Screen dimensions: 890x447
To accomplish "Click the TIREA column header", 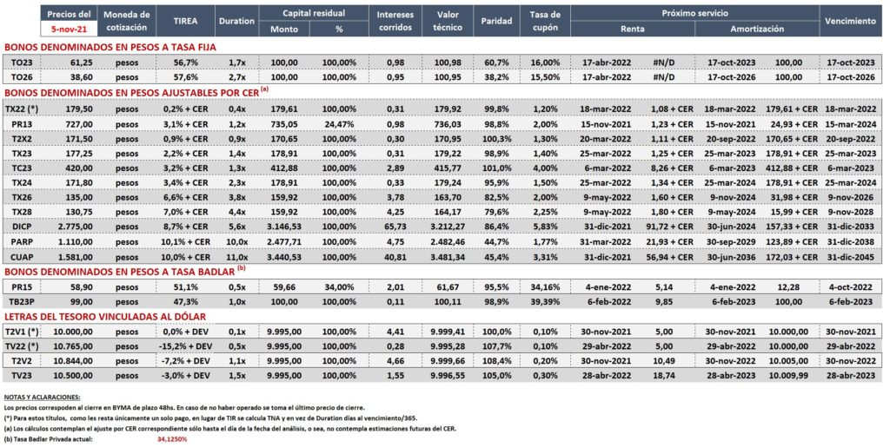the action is pos(185,21).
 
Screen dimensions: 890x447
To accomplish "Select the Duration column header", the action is pos(236,21).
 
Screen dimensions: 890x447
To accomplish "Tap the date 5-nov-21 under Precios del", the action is pos(69,28).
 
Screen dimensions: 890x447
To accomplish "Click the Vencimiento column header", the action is pos(850,21).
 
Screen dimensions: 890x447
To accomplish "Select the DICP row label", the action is pos(21,227).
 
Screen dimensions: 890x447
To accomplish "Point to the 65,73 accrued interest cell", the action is pos(395,227).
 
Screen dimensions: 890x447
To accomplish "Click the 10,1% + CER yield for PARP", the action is pos(185,242).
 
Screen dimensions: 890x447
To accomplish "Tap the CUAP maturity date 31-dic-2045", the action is pos(851,257).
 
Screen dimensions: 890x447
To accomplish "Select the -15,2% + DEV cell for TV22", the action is pos(185,346).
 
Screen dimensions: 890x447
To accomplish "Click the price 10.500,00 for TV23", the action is pos(73,376).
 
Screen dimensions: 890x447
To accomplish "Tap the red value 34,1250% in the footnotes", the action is pos(172,439).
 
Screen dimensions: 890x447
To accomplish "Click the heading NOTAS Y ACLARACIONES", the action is pos(42,398).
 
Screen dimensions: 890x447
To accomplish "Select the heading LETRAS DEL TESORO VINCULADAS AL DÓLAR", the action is pos(105,317).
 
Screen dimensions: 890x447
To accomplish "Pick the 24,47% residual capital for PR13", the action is pos(339,124).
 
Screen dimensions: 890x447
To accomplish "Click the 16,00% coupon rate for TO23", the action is pos(546,62).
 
